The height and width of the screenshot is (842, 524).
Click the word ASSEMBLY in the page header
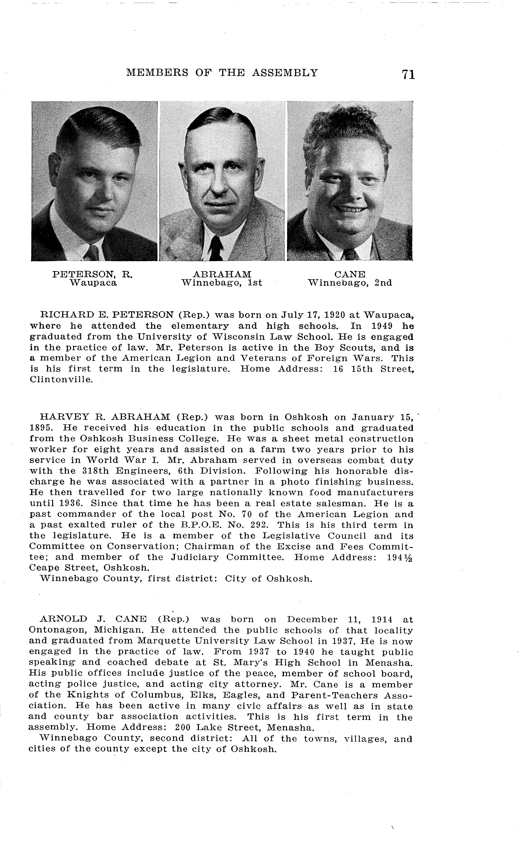pyautogui.click(x=285, y=73)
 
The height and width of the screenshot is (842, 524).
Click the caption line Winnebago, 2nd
pyautogui.click(x=350, y=283)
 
